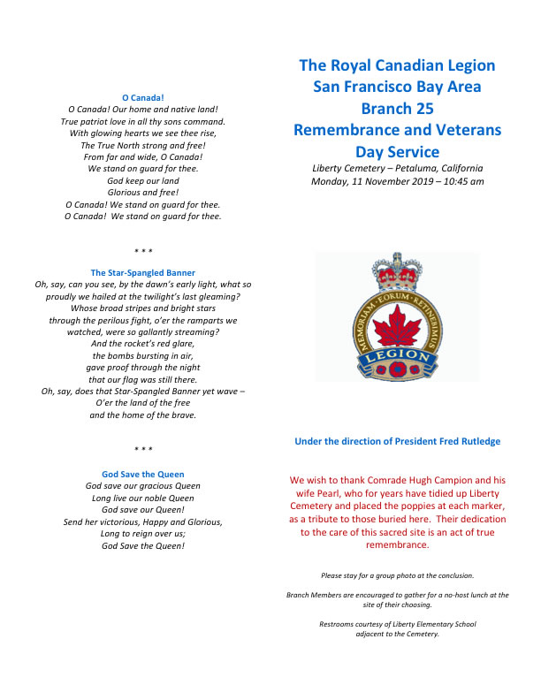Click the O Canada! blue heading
(142, 96)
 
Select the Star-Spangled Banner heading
(142, 272)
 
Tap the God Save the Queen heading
(142, 475)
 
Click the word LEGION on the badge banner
(398, 356)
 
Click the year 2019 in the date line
(412, 182)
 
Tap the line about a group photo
(397, 575)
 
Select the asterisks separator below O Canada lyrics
(142, 251)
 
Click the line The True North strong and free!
(142, 145)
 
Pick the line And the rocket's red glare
(142, 344)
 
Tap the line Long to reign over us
(142, 534)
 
